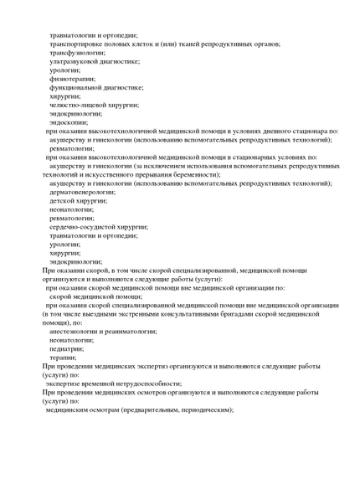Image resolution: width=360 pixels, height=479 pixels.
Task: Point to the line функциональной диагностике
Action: click(x=96, y=87)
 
